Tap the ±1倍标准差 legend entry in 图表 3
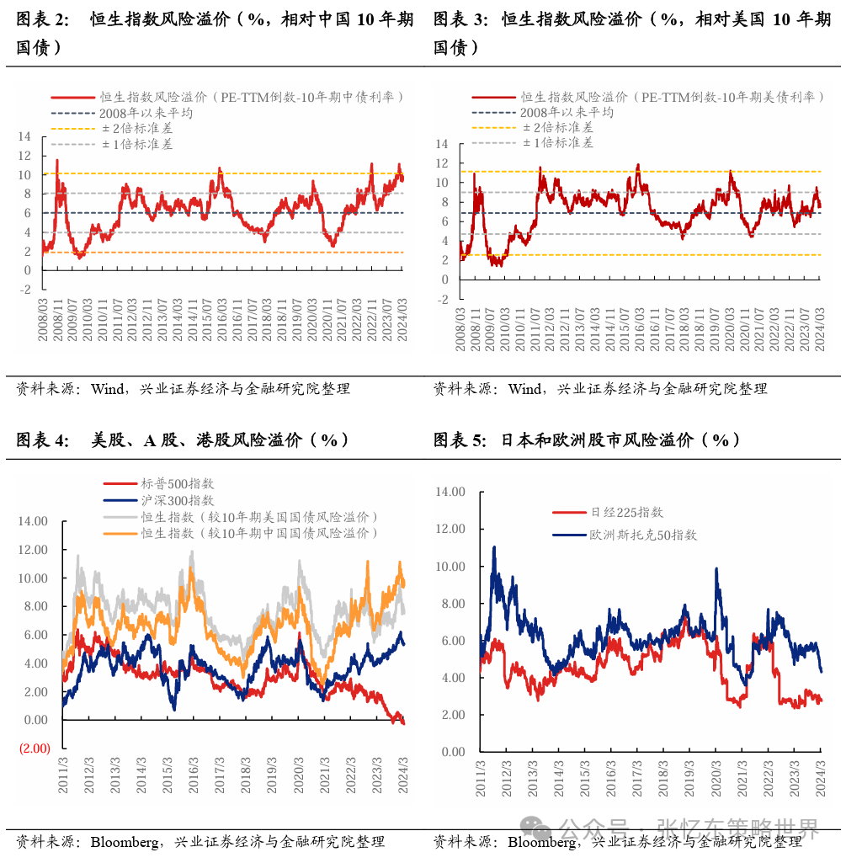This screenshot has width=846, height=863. pyautogui.click(x=557, y=142)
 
